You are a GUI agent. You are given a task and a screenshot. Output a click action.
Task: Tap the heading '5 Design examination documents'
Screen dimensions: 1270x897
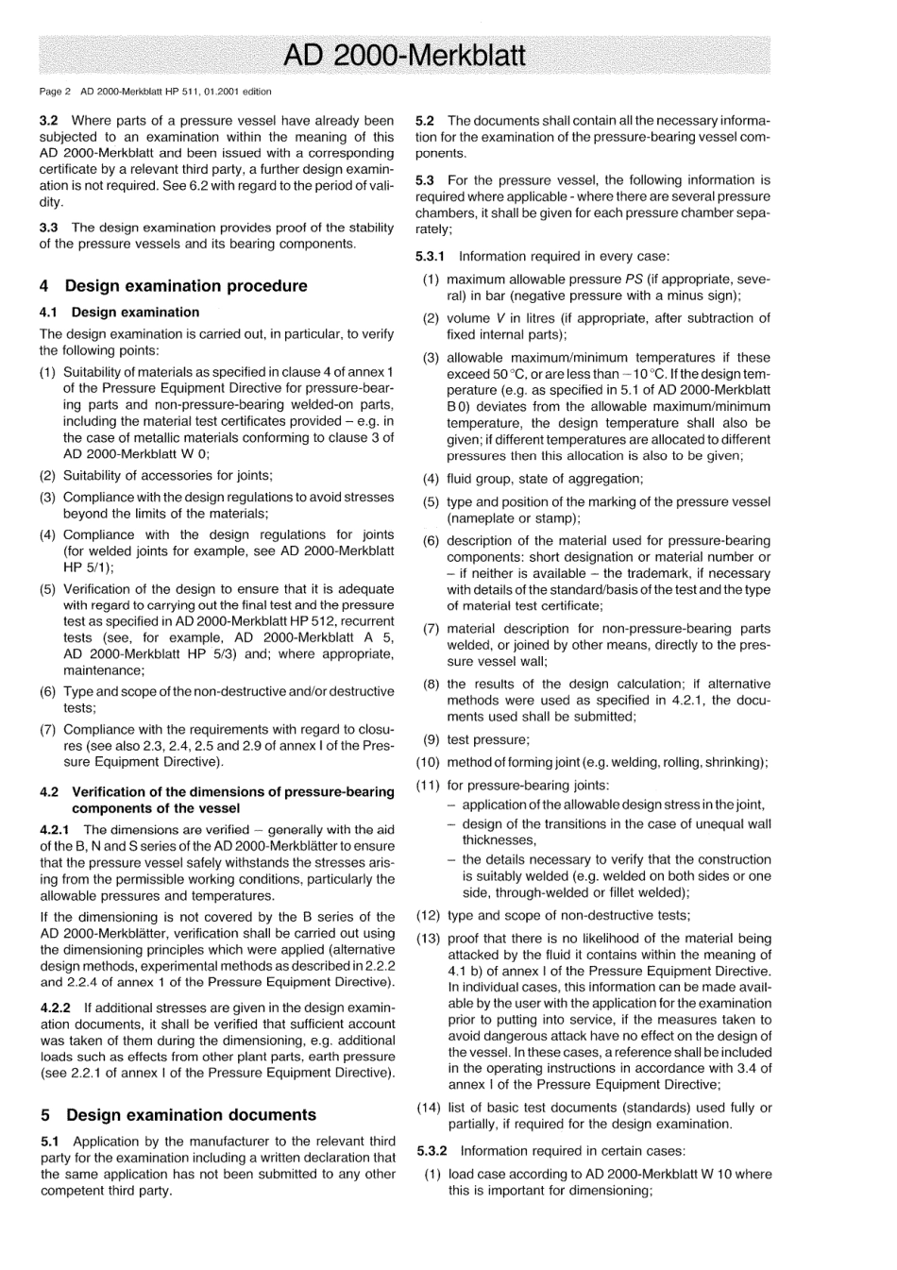click(x=178, y=1115)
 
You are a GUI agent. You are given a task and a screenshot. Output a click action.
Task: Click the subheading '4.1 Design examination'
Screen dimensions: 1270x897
click(x=120, y=313)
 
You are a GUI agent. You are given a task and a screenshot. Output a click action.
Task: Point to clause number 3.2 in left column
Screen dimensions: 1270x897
click(x=49, y=121)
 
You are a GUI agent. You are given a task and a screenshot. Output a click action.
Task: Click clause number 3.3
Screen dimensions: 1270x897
click(x=49, y=228)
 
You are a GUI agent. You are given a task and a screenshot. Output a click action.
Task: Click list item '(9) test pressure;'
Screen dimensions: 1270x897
click(x=487, y=740)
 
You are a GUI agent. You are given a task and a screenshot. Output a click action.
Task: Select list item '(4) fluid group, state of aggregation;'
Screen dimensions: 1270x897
click(x=544, y=480)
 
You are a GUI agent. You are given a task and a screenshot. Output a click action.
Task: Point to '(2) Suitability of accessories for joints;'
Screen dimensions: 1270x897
click(x=167, y=476)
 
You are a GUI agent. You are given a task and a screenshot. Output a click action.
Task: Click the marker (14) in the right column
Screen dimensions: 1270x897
click(x=428, y=1108)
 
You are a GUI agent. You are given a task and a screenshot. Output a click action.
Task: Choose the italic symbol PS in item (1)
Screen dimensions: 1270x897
click(x=635, y=279)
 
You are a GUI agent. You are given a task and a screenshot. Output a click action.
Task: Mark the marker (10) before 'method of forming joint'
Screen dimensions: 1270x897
click(x=428, y=763)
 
